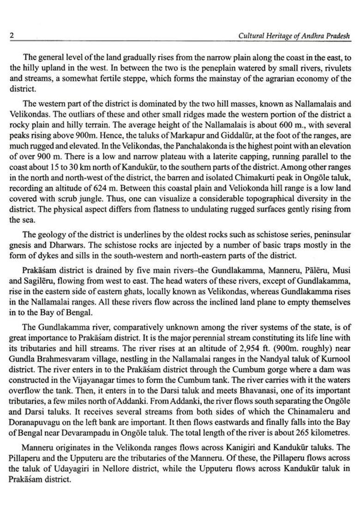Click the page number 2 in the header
[12, 36]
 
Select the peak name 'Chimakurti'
[253, 178]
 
